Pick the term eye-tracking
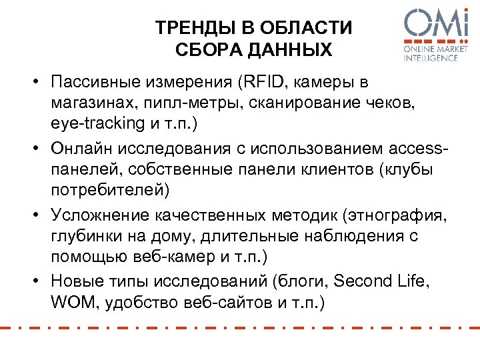point(90,125)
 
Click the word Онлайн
point(81,148)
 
